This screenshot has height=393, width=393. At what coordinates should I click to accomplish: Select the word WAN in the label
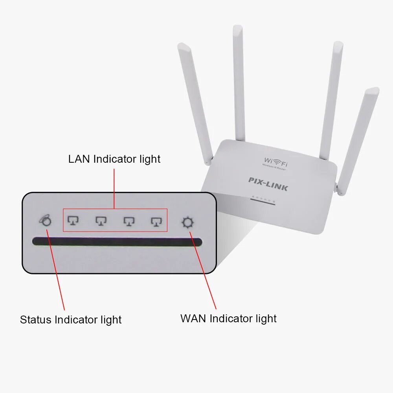pyautogui.click(x=193, y=318)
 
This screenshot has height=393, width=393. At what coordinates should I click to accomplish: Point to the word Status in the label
pyautogui.click(x=36, y=320)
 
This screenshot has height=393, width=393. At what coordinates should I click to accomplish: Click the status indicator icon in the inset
pyautogui.click(x=46, y=221)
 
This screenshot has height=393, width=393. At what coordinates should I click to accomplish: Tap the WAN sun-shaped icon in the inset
pyautogui.click(x=187, y=222)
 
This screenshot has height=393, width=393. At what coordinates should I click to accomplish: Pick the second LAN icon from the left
pyautogui.click(x=101, y=221)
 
